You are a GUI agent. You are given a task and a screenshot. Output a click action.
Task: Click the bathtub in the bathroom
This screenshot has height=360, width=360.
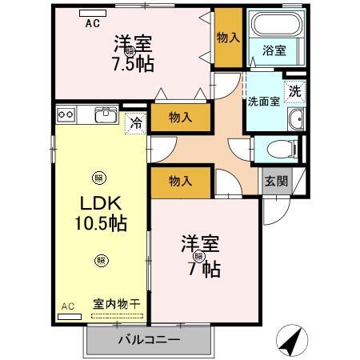274,27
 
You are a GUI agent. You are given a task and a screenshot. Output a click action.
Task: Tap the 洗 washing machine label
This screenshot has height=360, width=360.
295,91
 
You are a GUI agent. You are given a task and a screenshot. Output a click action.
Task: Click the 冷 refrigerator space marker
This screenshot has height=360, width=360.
136,123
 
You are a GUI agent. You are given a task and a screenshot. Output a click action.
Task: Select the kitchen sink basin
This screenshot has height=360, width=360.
106,114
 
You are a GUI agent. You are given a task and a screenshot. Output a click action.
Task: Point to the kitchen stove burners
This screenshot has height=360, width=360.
66,114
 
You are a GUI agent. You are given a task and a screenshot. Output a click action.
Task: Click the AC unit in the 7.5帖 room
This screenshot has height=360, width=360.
93,14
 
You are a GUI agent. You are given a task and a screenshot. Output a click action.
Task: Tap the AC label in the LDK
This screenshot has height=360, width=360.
67,306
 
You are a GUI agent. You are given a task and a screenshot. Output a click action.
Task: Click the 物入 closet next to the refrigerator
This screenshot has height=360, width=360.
181,118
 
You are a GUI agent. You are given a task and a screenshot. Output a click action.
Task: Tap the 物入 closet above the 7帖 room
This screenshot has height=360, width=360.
180,182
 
